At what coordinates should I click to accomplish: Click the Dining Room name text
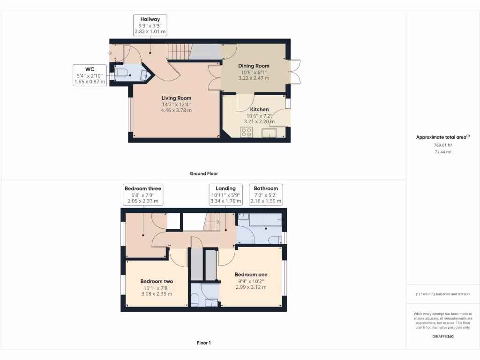(x=254, y=66)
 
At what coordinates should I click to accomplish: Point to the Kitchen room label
(x=259, y=109)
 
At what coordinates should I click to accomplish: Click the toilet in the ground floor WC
(x=122, y=72)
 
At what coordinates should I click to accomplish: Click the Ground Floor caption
(x=203, y=173)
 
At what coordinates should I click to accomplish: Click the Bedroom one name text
(x=251, y=275)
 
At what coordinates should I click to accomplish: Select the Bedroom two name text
(x=157, y=281)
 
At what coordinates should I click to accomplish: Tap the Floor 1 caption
(x=203, y=343)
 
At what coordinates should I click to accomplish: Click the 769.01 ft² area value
(x=442, y=145)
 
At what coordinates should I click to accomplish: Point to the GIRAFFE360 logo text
(x=443, y=337)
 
